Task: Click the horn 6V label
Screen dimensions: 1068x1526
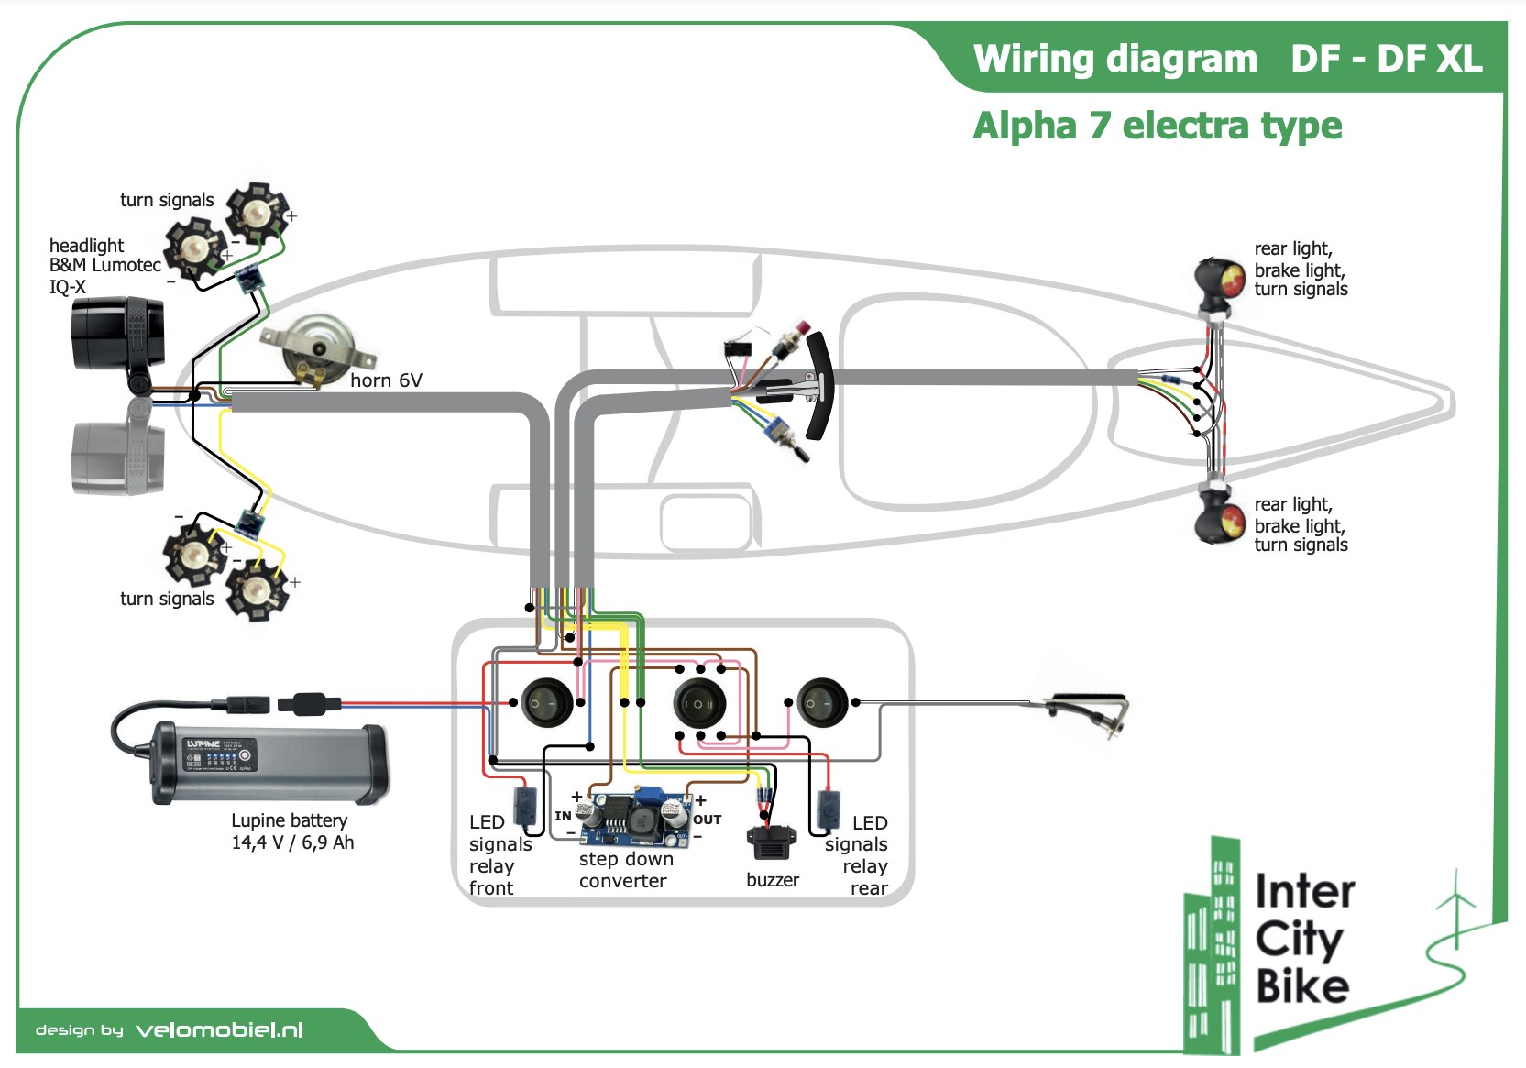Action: point(386,380)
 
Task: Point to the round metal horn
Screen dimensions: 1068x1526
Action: point(316,347)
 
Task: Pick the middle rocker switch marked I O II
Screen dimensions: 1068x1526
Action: point(700,704)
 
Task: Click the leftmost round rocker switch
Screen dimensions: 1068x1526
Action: point(547,703)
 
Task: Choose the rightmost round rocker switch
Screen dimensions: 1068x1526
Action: point(822,703)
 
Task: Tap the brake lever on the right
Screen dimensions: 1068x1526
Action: point(1091,710)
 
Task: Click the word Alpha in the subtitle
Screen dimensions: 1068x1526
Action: point(1025,126)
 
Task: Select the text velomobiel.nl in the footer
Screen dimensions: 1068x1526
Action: point(220,1030)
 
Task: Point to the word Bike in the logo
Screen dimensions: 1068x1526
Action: point(1302,987)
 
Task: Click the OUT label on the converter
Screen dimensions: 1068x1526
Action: point(707,820)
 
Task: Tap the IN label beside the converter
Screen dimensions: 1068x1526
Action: point(563,816)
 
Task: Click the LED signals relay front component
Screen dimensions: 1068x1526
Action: point(526,807)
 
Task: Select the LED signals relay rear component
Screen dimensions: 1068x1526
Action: point(828,808)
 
